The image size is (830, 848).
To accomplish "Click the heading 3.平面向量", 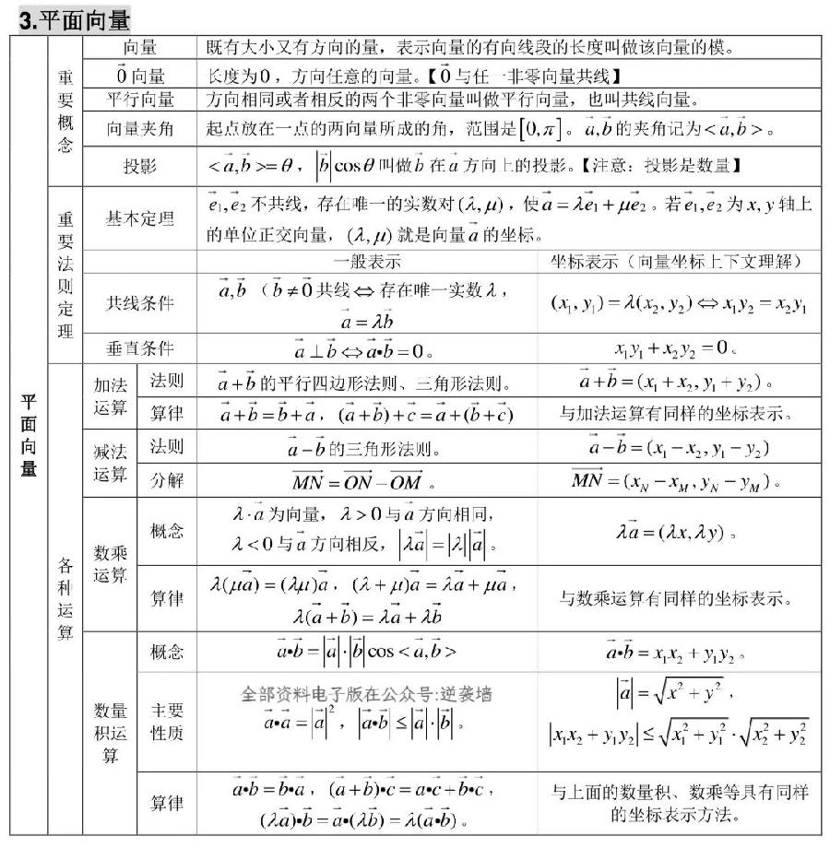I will pyautogui.click(x=75, y=18).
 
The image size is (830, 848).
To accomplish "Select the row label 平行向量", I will pyautogui.click(x=139, y=100).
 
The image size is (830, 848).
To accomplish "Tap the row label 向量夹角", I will pyautogui.click(x=139, y=130).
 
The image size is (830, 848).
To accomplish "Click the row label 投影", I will pyautogui.click(x=139, y=166).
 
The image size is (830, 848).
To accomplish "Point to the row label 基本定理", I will pyautogui.click(x=139, y=219).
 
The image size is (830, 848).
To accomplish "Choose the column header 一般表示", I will pyautogui.click(x=367, y=261).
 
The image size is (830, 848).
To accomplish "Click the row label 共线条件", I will pyautogui.click(x=139, y=302).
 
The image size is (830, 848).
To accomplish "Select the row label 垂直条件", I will pyautogui.click(x=139, y=348).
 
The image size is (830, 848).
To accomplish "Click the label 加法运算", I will pyautogui.click(x=110, y=396).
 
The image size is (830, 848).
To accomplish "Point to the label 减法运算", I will pyautogui.click(x=110, y=464).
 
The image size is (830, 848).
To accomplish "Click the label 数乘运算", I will pyautogui.click(x=110, y=564).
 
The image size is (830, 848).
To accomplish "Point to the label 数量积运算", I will pyautogui.click(x=110, y=733).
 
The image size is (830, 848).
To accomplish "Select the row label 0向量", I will pyautogui.click(x=139, y=74).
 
